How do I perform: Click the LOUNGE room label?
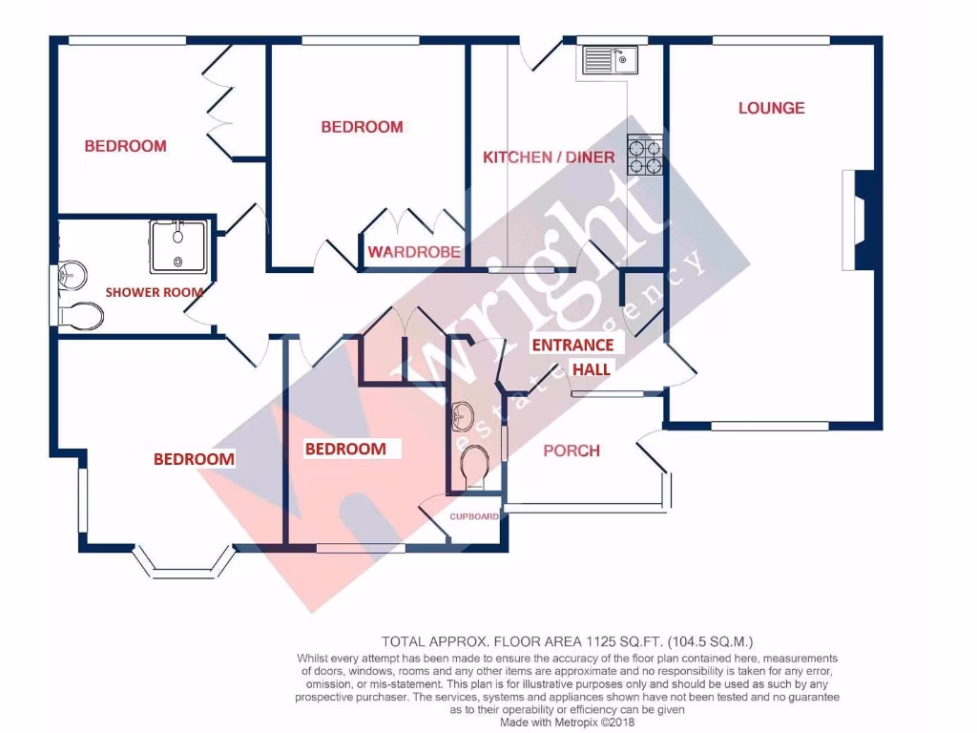click(771, 108)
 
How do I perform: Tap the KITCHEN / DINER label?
click(548, 157)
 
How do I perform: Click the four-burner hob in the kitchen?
click(644, 157)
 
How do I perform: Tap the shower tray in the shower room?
click(178, 245)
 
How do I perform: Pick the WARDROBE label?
click(414, 253)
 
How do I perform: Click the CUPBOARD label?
click(474, 516)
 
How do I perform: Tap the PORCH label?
click(571, 450)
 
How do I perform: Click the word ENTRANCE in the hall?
click(572, 345)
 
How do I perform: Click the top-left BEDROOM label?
click(125, 146)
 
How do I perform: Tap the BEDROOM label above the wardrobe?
click(362, 127)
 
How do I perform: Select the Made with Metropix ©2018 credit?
click(568, 723)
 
